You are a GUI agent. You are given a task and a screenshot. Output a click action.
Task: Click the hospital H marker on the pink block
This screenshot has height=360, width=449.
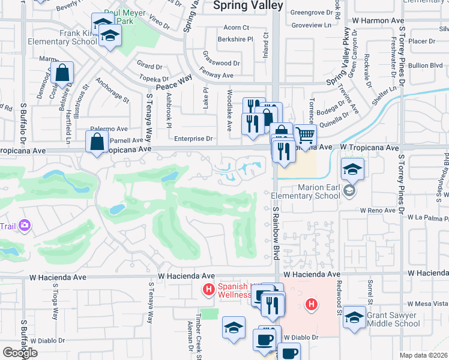pos(311,305)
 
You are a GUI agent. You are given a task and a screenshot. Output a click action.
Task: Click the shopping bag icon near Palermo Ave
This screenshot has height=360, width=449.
pos(97,143)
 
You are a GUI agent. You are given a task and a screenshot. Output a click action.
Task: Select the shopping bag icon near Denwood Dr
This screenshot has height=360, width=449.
pos(62,73)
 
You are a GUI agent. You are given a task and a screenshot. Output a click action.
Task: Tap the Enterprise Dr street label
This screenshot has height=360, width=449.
pos(194,139)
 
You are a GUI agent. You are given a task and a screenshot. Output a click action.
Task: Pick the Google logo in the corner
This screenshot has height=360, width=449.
pos(19,353)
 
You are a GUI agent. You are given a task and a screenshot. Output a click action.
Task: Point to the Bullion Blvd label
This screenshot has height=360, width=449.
pos(427,65)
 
